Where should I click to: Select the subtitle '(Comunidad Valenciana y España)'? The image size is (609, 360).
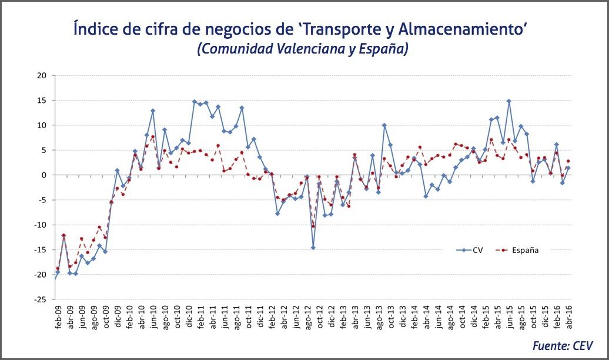pyautogui.click(x=303, y=49)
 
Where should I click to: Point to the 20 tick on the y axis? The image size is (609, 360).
pyautogui.click(x=41, y=75)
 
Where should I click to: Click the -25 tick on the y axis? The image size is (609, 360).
pyautogui.click(x=39, y=299)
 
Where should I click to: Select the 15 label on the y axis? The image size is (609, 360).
pyautogui.click(x=41, y=101)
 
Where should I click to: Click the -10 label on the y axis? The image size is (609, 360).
pyautogui.click(x=39, y=225)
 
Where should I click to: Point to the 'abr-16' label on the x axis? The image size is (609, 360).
pyautogui.click(x=568, y=318)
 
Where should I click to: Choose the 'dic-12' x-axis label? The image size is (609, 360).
pyautogui.click(x=331, y=318)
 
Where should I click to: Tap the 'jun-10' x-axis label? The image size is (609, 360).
pyautogui.click(x=152, y=318)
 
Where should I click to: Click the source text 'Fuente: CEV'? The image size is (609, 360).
pyautogui.click(x=563, y=346)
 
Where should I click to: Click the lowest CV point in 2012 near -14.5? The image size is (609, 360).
pyautogui.click(x=313, y=248)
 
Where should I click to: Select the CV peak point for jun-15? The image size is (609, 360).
pyautogui.click(x=509, y=101)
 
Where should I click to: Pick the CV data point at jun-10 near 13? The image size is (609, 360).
pyautogui.click(x=153, y=111)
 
